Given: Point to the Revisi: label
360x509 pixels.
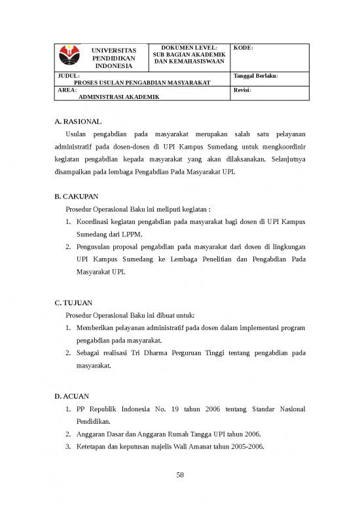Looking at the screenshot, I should pyautogui.click(x=242, y=90).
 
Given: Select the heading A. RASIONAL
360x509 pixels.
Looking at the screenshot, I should pyautogui.click(x=79, y=122).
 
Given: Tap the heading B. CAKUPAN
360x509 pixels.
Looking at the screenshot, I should pyautogui.click(x=78, y=196).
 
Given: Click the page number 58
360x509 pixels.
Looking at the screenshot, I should pyautogui.click(x=180, y=476).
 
